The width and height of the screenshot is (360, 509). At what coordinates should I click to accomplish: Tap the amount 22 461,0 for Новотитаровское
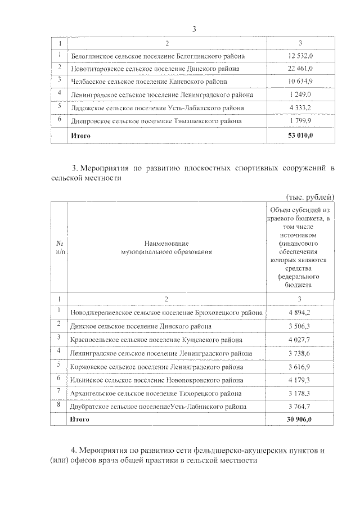point(300,69)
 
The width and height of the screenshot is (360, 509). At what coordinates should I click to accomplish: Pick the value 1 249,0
point(300,94)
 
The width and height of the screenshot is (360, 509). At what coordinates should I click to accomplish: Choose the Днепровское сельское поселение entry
point(156,120)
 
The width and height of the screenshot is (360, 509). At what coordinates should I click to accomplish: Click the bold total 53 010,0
point(300,136)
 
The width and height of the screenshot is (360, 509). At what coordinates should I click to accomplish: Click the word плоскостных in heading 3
point(182,168)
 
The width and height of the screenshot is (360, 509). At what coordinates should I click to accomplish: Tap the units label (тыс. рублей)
point(310,196)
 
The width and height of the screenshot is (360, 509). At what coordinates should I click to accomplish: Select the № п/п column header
point(58,247)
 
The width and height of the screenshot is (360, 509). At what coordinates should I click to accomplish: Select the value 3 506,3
point(300,326)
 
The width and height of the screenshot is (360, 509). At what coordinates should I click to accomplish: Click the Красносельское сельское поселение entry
point(156,339)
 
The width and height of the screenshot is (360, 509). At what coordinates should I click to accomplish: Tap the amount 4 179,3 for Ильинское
point(300,380)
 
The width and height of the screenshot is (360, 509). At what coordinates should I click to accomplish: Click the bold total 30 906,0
point(300,420)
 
